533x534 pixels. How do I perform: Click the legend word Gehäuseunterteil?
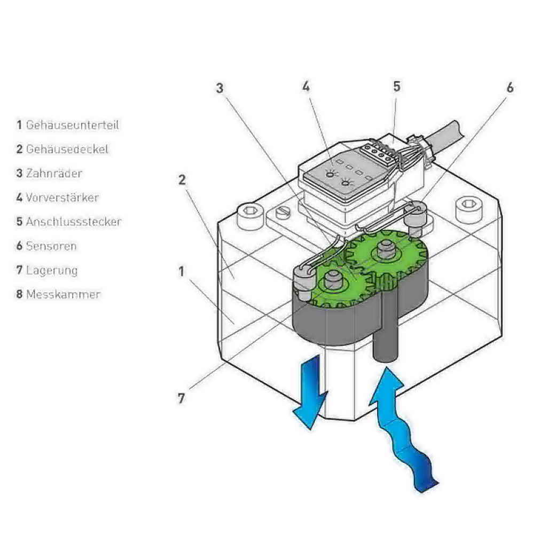pos(73,125)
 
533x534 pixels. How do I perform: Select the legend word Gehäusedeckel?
pos(67,149)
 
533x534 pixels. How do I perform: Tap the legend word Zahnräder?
pos(54,174)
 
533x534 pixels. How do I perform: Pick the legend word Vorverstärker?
pos(62,198)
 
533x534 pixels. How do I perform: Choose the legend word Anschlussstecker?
pos(74,222)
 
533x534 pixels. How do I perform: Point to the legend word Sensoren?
pos(51,246)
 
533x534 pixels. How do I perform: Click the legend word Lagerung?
pos(52,270)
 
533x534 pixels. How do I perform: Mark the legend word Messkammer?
pos(64,294)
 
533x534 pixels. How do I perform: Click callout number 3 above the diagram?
pos(220,88)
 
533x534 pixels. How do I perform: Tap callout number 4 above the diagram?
pos(306,87)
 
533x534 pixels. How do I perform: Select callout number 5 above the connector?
pos(397,87)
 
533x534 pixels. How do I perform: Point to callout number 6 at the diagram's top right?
pos(510,88)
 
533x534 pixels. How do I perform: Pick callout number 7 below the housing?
pos(181,398)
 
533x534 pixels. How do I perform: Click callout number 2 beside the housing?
pos(182,180)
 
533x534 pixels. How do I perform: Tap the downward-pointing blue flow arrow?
pos(310,391)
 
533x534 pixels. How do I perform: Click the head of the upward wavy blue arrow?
pos(387,385)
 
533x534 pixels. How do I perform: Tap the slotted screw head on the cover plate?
pos(284,213)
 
